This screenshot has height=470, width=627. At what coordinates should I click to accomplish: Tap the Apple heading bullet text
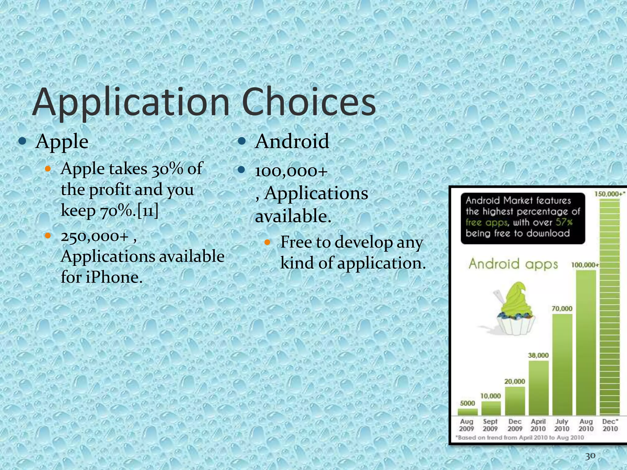click(62, 142)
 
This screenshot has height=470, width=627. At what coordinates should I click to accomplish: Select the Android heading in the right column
click(292, 141)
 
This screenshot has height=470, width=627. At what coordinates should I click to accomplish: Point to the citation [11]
click(148, 211)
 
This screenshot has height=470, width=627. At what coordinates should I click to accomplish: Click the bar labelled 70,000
click(562, 364)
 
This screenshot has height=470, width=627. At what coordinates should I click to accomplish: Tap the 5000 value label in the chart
click(467, 403)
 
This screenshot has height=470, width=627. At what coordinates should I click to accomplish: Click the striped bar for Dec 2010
click(610, 306)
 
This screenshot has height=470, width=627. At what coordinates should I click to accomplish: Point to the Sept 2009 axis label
click(490, 425)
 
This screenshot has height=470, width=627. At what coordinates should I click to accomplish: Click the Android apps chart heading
click(513, 264)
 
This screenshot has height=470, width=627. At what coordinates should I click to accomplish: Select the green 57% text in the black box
click(564, 222)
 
